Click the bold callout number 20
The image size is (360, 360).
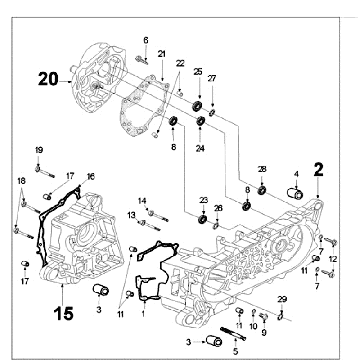[48, 79]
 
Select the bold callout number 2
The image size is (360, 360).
[318, 170]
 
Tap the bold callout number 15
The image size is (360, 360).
[64, 314]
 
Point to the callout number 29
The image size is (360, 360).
[282, 299]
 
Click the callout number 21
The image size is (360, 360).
[162, 54]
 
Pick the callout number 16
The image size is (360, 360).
[91, 176]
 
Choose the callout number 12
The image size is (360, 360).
[333, 259]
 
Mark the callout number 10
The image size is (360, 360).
[253, 326]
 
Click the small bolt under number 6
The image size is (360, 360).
[142, 60]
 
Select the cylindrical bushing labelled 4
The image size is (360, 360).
[295, 193]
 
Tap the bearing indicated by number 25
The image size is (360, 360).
[197, 105]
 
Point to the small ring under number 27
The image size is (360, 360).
[212, 113]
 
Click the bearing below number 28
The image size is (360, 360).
[262, 190]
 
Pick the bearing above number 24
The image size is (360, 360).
[200, 121]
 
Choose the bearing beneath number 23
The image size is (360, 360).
[202, 219]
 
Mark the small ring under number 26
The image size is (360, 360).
[216, 227]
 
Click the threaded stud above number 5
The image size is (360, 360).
[233, 334]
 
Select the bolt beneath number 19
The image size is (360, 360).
[45, 172]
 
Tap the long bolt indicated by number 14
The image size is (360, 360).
[158, 215]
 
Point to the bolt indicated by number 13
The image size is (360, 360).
[150, 225]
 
